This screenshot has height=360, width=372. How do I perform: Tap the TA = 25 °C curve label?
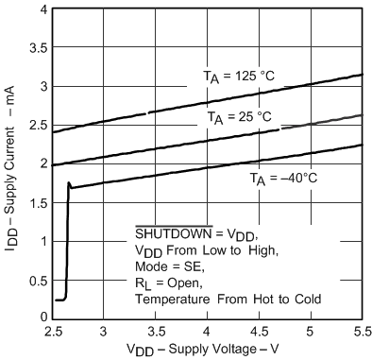(x=240, y=117)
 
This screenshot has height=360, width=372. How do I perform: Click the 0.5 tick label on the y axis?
(x=35, y=279)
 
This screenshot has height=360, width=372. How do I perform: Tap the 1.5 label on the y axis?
(x=35, y=202)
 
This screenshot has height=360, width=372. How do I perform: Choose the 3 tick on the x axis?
(x=103, y=333)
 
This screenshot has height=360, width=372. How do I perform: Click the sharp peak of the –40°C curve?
(x=69, y=183)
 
